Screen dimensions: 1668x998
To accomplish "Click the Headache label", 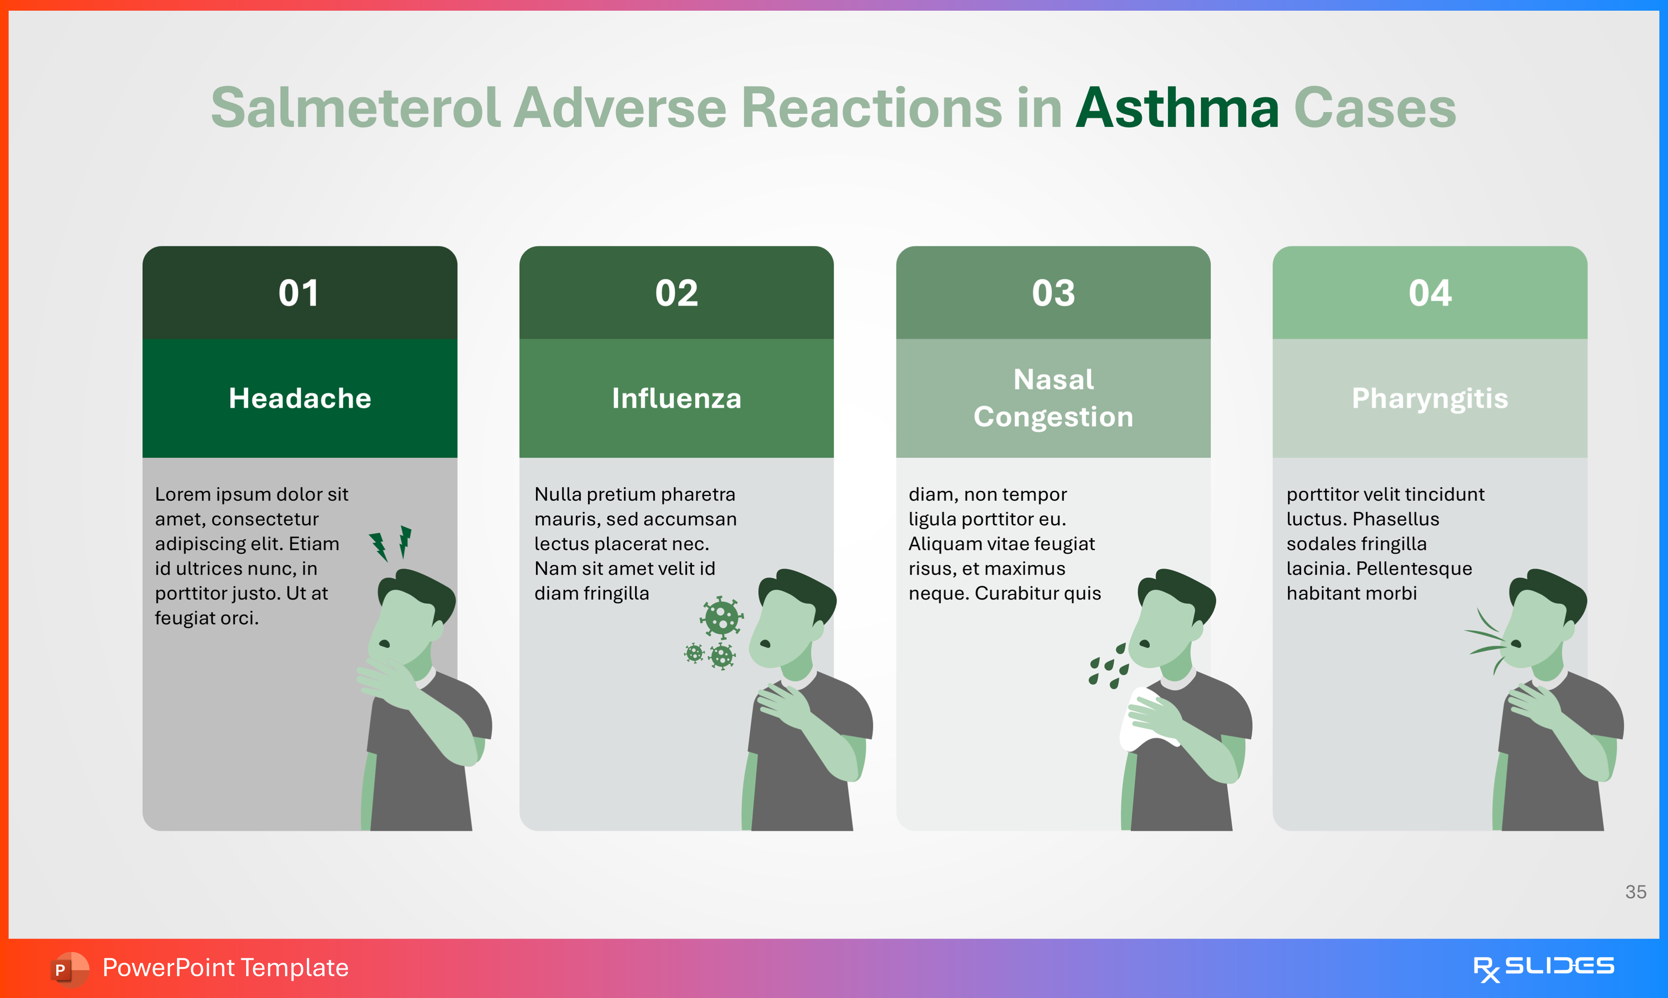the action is (x=300, y=398).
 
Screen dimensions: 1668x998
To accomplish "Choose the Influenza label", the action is (x=677, y=398).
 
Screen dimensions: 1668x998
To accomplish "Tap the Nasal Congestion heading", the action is (x=1053, y=398).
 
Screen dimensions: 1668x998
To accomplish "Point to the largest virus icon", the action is (x=722, y=617).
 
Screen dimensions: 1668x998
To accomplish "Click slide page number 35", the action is (x=1636, y=892).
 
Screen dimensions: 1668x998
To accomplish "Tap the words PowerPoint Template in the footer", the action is (x=225, y=968).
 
